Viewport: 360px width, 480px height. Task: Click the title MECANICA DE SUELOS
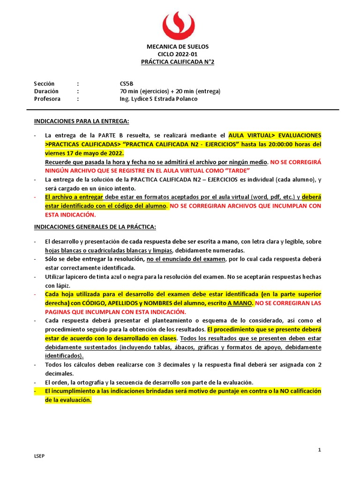point(178,47)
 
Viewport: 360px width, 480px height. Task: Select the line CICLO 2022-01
point(178,54)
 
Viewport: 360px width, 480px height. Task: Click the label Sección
point(44,83)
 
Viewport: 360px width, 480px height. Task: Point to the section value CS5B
point(127,83)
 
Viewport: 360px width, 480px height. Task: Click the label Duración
point(46,91)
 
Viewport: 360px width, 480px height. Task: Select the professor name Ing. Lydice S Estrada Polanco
point(159,99)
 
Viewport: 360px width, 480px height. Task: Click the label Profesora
point(47,99)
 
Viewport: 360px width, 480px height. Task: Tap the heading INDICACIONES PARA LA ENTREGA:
point(82,121)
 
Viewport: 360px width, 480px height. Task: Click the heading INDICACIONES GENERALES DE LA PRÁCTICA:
point(95,227)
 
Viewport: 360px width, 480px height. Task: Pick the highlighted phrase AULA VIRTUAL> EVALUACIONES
point(275,135)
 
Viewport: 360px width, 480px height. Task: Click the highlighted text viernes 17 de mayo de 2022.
point(84,153)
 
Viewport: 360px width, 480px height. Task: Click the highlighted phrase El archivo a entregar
point(75,197)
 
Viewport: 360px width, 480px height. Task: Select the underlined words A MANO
point(240,303)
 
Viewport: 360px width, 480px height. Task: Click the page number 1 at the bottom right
point(320,450)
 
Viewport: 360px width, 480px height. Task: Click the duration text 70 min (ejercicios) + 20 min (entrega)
point(170,91)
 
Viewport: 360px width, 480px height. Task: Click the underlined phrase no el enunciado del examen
point(186,259)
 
